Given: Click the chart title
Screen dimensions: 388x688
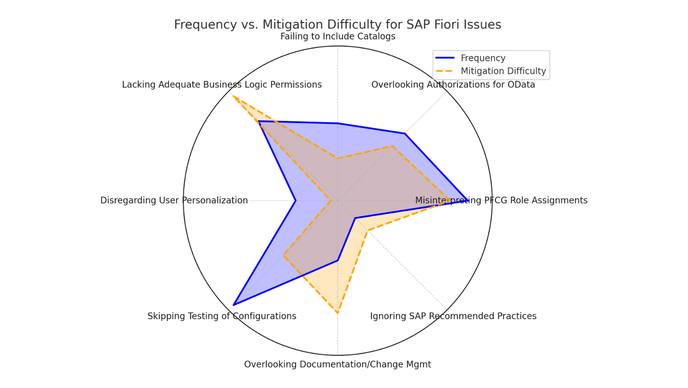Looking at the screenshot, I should tap(337, 24).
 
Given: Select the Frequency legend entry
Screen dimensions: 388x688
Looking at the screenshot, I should tap(482, 58).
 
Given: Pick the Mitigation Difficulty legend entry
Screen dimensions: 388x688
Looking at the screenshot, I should tap(503, 71).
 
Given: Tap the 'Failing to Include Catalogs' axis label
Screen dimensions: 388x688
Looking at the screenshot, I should tap(338, 37).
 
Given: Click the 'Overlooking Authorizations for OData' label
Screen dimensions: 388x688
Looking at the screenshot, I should tap(453, 85).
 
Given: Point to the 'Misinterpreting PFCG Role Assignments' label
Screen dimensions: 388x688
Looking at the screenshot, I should tap(501, 200).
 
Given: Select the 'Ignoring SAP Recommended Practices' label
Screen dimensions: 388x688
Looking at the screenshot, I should tap(453, 316).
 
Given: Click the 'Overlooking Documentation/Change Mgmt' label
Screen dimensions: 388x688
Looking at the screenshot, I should tap(337, 364).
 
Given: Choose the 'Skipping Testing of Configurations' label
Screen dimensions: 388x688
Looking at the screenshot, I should tap(222, 316).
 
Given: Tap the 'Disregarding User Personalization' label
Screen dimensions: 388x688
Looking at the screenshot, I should tap(174, 200).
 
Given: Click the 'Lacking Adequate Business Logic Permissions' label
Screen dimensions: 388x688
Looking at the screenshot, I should tap(222, 85).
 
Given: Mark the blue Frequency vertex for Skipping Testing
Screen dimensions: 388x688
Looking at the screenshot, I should tap(234, 304).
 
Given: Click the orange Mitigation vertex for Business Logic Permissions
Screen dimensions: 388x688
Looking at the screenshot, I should tap(233, 97).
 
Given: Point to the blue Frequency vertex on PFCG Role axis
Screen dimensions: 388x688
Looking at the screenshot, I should tap(467, 200).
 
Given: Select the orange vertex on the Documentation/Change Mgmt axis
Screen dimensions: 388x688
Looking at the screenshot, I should tap(338, 313).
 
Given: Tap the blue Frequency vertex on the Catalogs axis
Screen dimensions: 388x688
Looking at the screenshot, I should tap(338, 123).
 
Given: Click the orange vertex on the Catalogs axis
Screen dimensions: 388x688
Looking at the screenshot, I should tap(338, 158).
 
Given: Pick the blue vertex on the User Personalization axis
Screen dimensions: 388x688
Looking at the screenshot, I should tap(296, 201).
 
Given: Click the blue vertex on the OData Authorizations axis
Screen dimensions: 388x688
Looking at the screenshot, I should tap(405, 134).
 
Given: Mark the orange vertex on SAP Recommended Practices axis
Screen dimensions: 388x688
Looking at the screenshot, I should tap(367, 231).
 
